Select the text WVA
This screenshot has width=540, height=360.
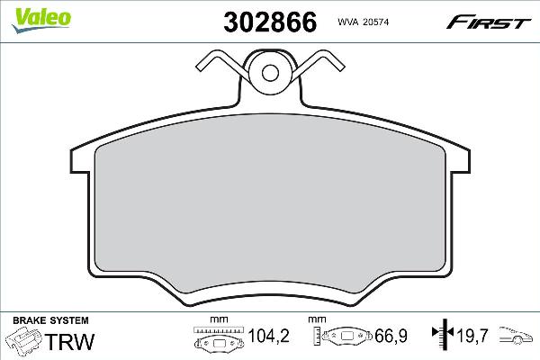coord(348,20)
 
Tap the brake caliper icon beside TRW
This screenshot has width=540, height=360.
coord(25,342)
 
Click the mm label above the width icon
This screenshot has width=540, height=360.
coord(216,320)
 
